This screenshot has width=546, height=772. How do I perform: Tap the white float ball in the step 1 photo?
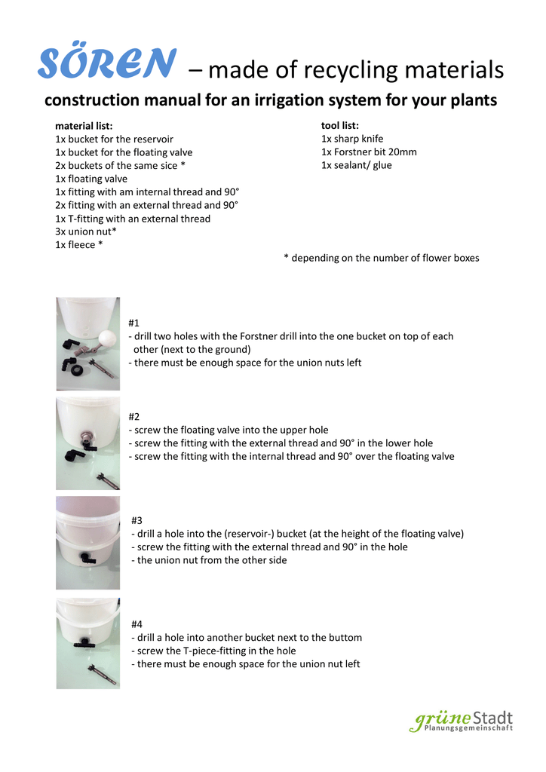pyautogui.click(x=110, y=341)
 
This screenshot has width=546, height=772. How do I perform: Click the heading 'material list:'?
pyautogui.click(x=84, y=126)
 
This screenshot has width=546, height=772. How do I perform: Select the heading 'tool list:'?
pyautogui.click(x=340, y=125)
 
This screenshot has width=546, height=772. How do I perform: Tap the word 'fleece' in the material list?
pyautogui.click(x=80, y=245)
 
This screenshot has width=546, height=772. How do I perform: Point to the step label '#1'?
pyautogui.click(x=134, y=323)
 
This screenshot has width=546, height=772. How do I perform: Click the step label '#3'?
pyautogui.click(x=137, y=520)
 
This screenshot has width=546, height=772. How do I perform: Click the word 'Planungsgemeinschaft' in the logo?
pyautogui.click(x=468, y=728)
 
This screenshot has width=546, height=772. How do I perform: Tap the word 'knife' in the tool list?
pyautogui.click(x=370, y=139)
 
